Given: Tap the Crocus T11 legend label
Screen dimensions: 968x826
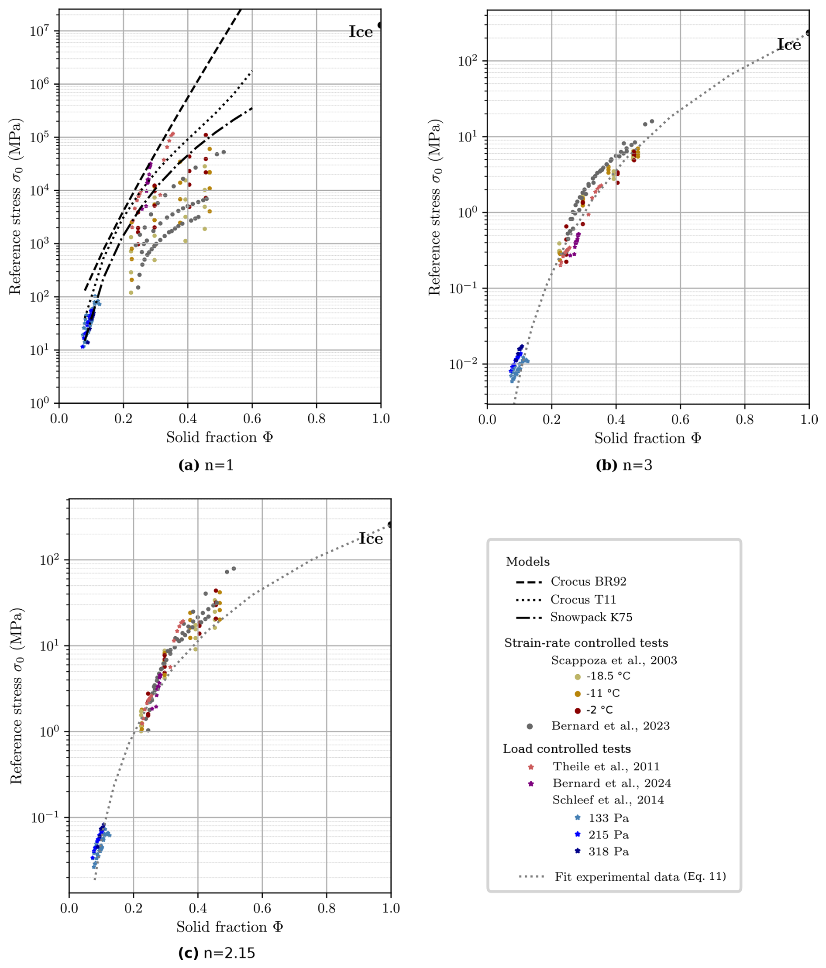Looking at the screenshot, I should (x=583, y=599).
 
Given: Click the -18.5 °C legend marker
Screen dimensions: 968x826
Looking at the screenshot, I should (x=578, y=676).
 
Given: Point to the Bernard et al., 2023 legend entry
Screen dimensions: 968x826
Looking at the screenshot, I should (x=610, y=726).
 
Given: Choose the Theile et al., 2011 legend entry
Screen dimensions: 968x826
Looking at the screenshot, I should (x=606, y=767).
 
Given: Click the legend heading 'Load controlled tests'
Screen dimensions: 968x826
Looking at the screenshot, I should (x=567, y=749).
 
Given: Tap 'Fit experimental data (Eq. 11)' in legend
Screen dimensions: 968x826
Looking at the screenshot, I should (x=640, y=877).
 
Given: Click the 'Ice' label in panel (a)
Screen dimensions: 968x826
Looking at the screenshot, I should (x=361, y=32).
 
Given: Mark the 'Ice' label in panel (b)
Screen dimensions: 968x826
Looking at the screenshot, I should (x=789, y=45).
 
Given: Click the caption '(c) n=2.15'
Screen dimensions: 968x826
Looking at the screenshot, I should (x=217, y=953).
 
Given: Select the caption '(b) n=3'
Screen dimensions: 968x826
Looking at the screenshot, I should (x=623, y=465).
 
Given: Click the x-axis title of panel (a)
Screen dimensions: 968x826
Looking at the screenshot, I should (x=219, y=438).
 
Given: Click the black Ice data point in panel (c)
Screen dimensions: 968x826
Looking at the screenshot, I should (x=390, y=525).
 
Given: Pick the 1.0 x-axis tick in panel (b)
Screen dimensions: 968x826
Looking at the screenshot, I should (x=809, y=419).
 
